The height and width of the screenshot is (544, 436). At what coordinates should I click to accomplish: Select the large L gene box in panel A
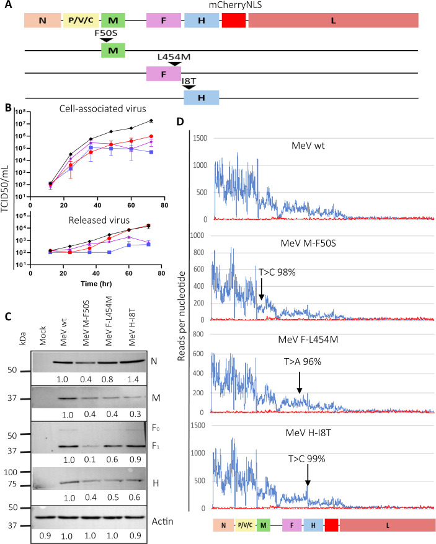[x=333, y=20]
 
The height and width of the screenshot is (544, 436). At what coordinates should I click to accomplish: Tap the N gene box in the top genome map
[x=42, y=20]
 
